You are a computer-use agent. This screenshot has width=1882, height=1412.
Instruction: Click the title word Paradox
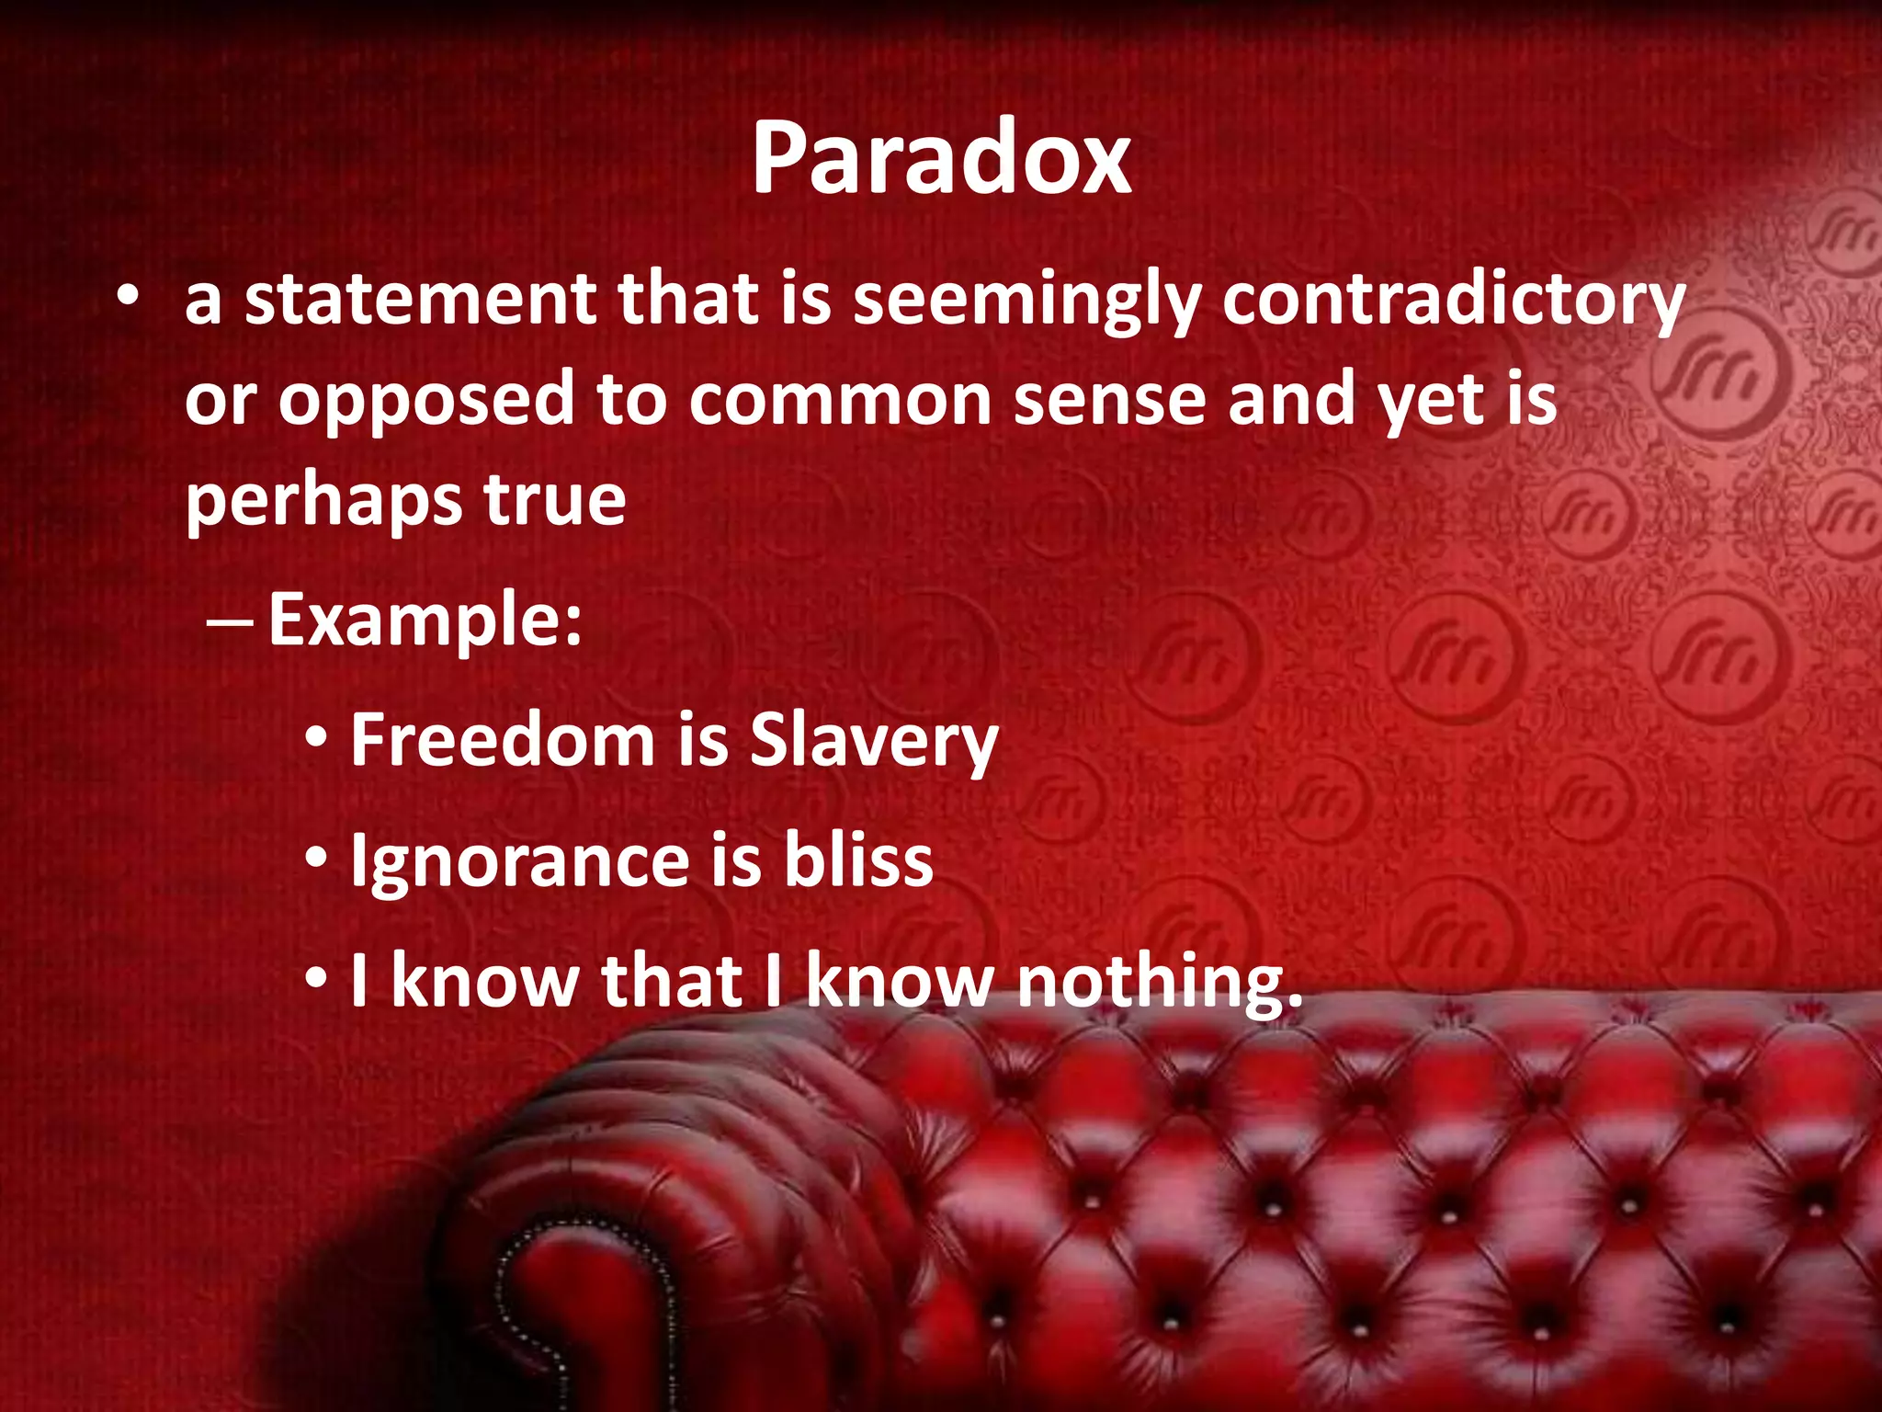pos(941,158)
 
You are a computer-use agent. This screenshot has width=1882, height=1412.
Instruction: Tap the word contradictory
pos(1454,302)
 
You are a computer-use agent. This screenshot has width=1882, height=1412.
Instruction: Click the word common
pos(840,401)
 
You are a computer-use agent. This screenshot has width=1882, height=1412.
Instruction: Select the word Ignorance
pos(519,862)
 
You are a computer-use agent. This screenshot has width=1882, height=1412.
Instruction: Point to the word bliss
pos(858,860)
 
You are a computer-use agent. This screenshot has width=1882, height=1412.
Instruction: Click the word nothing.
pos(1160,982)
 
